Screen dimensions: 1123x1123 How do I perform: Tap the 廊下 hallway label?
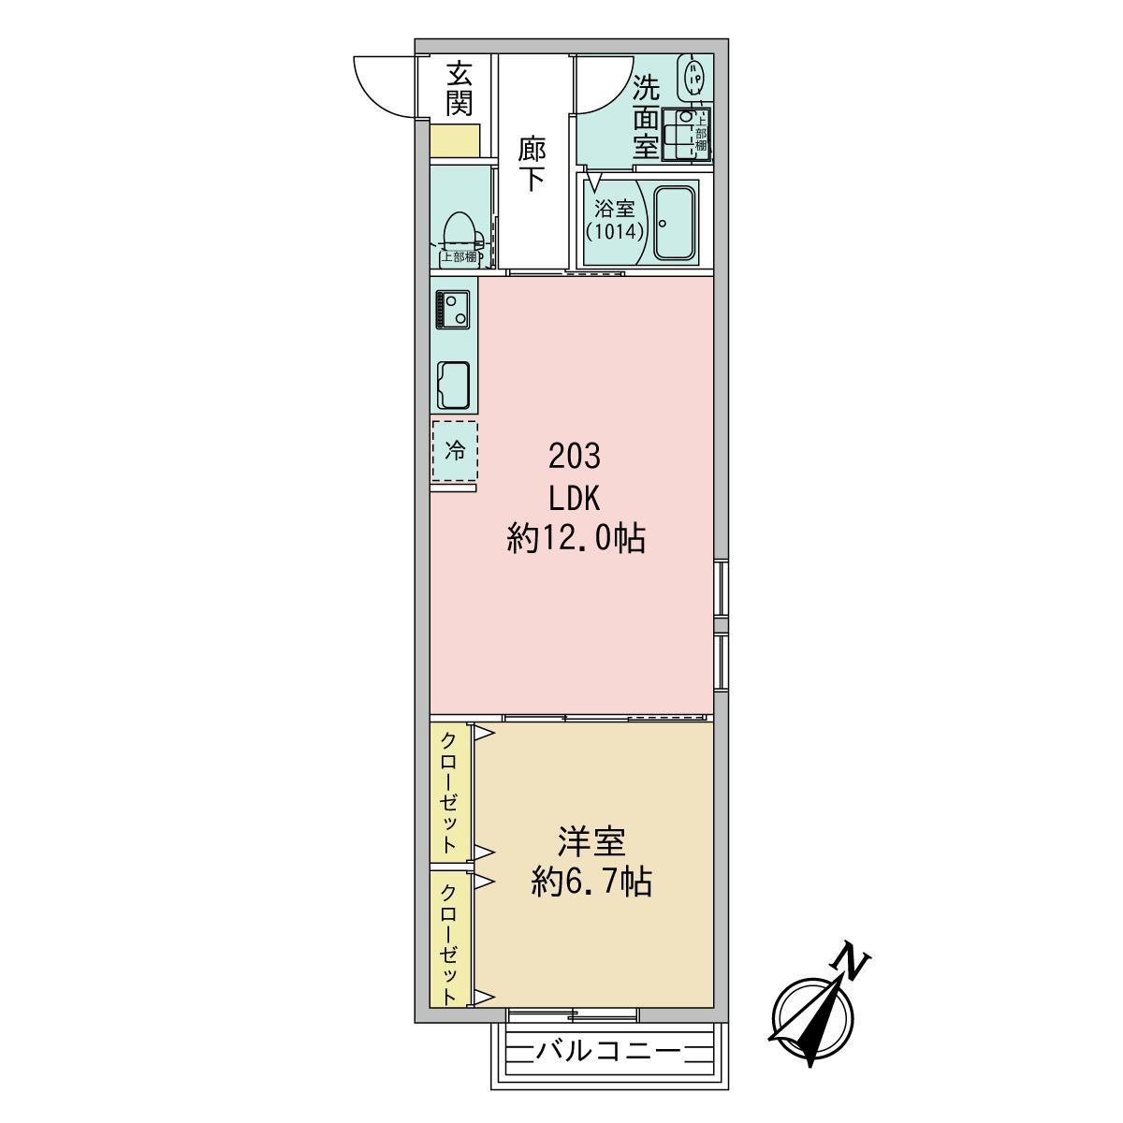532,164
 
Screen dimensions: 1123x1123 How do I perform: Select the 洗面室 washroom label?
646,118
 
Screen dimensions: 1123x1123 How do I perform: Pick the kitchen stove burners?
452,311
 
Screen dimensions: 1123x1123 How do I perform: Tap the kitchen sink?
453,386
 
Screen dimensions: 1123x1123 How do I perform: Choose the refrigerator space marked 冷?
455,450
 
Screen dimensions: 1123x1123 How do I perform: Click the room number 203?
575,457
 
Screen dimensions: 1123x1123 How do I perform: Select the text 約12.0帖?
576,538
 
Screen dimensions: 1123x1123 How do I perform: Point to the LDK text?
575,498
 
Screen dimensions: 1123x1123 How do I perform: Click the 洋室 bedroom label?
591,842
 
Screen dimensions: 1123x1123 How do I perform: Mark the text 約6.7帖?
591,882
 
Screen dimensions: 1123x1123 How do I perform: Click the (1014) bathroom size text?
615,232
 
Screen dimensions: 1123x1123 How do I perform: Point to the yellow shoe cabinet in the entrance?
455,139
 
